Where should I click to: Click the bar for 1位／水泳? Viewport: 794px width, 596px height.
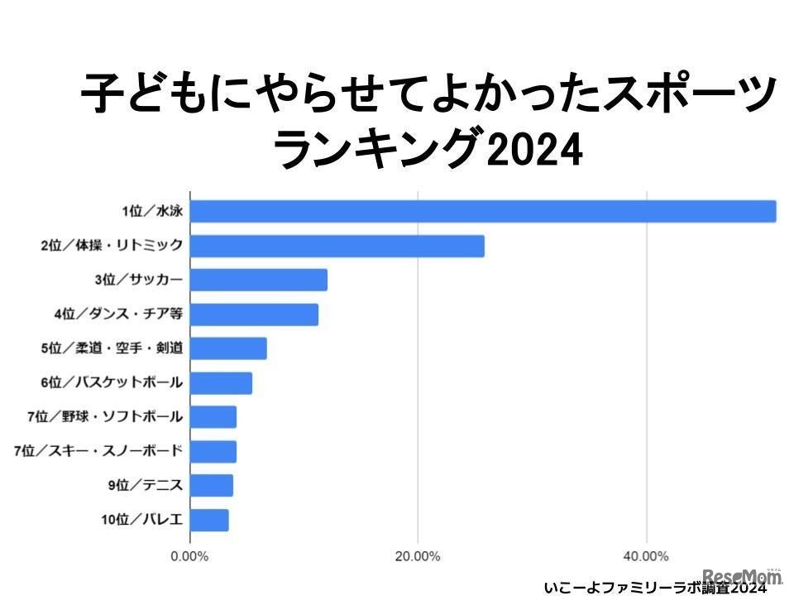(x=483, y=212)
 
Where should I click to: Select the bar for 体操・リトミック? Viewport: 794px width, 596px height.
(x=337, y=246)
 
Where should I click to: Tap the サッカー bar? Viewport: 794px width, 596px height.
(x=259, y=280)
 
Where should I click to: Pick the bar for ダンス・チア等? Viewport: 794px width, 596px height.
(x=254, y=315)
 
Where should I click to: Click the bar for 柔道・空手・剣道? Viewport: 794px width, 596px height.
(x=228, y=348)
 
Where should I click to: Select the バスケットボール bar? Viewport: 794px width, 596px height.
(x=221, y=383)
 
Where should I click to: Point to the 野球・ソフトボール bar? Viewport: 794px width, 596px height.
(x=213, y=417)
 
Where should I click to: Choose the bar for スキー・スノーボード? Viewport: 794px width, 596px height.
(x=213, y=452)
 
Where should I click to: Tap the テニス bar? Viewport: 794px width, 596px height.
(x=212, y=486)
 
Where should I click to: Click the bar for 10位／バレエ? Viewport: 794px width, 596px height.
(x=209, y=521)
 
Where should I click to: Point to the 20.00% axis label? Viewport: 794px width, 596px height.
(x=418, y=555)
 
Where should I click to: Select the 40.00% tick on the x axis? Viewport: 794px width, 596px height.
(x=645, y=555)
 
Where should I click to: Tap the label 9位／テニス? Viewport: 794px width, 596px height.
(x=146, y=486)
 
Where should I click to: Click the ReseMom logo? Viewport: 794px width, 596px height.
(x=742, y=576)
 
